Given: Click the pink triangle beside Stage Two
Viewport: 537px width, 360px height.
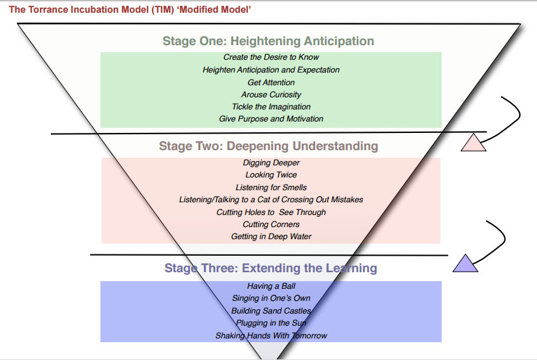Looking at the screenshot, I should click(x=474, y=144).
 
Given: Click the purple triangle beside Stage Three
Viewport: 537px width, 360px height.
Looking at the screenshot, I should click(x=466, y=264).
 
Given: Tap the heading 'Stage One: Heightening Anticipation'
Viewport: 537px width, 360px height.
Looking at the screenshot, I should click(x=268, y=41).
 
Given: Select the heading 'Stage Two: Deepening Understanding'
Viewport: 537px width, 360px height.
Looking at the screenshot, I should click(x=268, y=146).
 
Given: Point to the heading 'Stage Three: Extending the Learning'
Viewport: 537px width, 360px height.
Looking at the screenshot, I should click(x=271, y=268).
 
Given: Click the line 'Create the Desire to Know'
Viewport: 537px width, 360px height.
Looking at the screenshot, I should click(x=271, y=57).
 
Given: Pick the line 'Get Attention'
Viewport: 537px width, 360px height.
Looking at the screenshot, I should click(x=271, y=82).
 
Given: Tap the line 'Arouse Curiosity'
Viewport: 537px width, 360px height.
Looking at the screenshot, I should click(x=271, y=94).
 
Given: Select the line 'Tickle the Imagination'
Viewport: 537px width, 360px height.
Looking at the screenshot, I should click(x=271, y=106).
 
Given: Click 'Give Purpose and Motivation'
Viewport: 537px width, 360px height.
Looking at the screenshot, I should click(x=271, y=118).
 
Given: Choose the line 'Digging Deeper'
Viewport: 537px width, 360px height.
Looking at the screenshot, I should click(x=271, y=163).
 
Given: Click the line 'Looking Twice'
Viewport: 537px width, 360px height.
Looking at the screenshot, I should click(x=271, y=175).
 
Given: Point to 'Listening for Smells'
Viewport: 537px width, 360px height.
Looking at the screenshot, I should click(x=271, y=188).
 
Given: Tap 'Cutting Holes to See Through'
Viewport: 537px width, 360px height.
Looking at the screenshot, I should click(x=271, y=212).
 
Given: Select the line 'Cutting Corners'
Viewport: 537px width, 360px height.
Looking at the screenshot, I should click(x=271, y=224).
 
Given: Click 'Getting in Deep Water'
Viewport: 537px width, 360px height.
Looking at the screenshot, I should click(x=271, y=237).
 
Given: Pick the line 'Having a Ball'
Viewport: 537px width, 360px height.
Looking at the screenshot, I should click(x=271, y=286).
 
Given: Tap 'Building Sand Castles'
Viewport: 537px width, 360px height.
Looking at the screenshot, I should click(x=271, y=311).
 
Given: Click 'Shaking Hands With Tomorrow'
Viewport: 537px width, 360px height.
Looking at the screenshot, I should click(x=271, y=335).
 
